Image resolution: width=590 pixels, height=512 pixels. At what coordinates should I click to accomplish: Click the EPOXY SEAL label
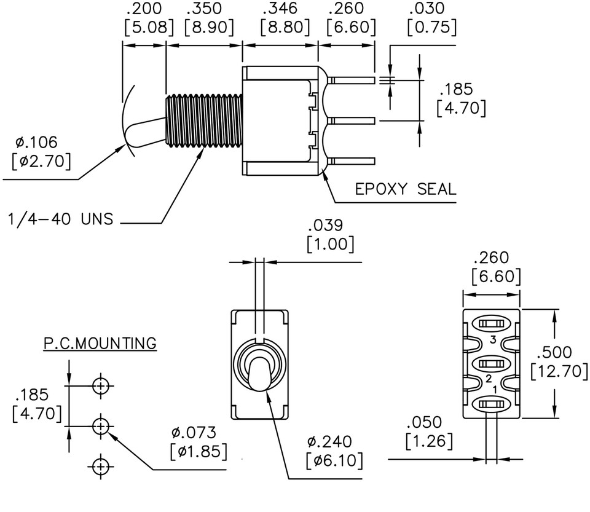coord(406,189)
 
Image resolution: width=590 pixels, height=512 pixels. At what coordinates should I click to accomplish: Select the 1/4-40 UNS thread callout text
coord(60,219)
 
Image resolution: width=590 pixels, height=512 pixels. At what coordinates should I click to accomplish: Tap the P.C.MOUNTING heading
coord(100,343)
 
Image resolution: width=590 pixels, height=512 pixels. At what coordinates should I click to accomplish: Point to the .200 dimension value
coord(143,9)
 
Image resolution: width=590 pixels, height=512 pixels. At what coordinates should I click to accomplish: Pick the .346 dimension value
coord(280,9)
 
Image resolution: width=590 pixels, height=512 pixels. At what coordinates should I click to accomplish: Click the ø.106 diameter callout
coord(36,143)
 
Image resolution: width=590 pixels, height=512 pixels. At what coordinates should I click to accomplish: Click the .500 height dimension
coord(554,353)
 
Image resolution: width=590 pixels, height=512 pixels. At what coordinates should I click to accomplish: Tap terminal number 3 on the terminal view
coord(492,339)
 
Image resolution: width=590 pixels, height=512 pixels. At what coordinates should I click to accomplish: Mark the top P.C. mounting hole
coord(101,386)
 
